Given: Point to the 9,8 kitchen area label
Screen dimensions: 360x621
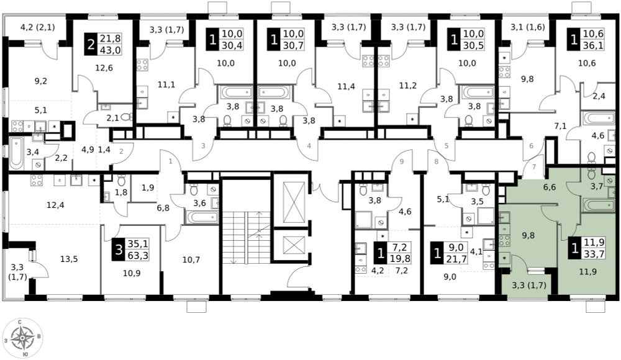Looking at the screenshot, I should pyautogui.click(x=528, y=235).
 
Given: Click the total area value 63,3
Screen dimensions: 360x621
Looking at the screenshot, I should pyautogui.click(x=137, y=255).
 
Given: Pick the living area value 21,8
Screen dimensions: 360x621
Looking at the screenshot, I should pyautogui.click(x=110, y=39).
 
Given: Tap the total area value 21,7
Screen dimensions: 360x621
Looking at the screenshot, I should pyautogui.click(x=455, y=259).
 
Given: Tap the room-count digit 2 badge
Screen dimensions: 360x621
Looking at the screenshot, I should pyautogui.click(x=91, y=45).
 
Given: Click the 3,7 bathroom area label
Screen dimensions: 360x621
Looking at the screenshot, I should pyautogui.click(x=597, y=186).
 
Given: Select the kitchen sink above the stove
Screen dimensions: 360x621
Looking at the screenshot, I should pyautogui.click(x=504, y=218).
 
